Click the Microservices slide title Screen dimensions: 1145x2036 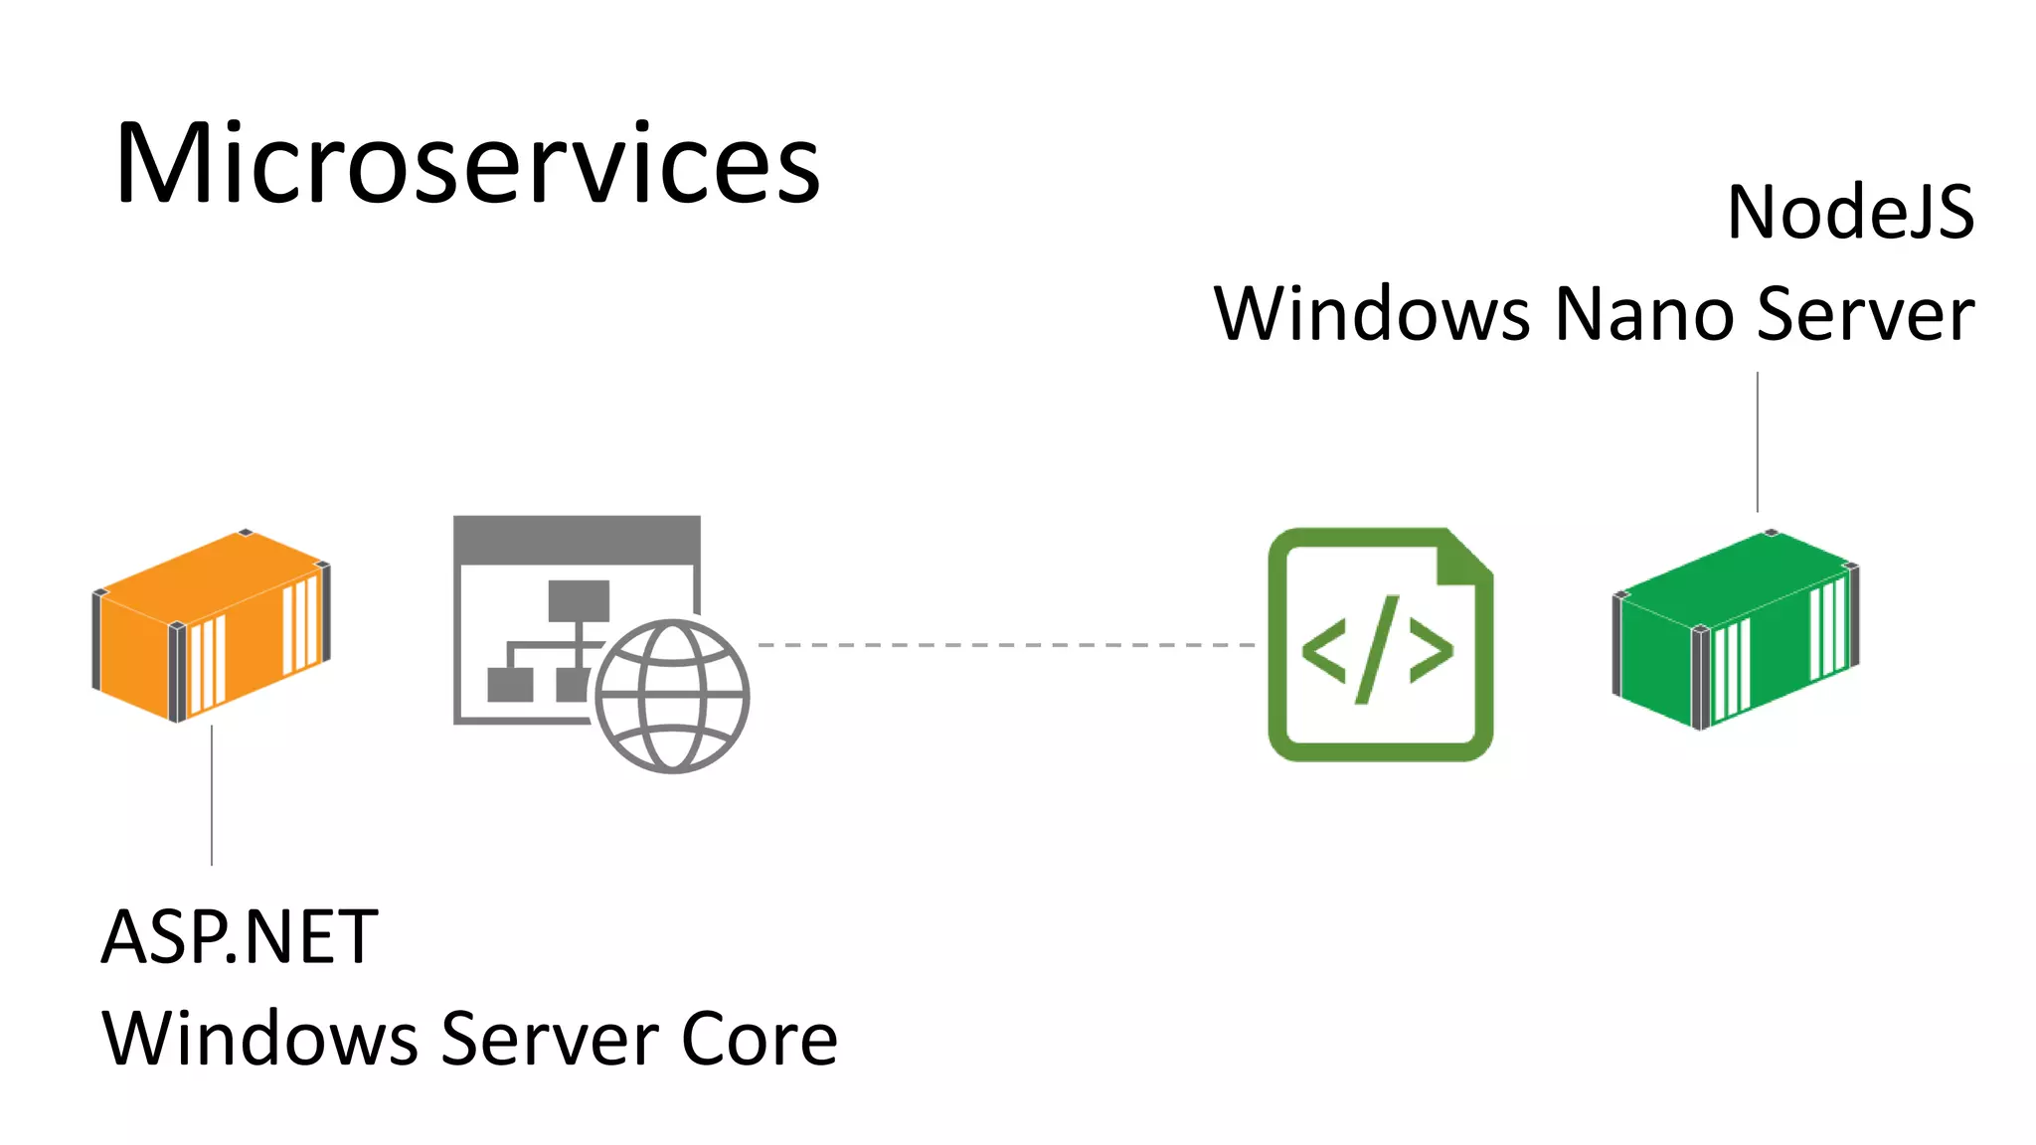pos(467,164)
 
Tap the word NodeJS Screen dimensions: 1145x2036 pos(1850,213)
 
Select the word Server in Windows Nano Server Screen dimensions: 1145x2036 pos(1866,314)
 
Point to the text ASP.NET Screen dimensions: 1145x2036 pos(240,937)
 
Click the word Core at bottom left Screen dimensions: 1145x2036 pos(760,1039)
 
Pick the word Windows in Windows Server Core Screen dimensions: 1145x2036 pos(259,1039)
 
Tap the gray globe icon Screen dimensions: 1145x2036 pos(672,696)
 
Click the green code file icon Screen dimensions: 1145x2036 pos(1380,644)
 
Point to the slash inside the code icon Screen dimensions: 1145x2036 pos(1378,649)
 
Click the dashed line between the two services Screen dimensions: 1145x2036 pos(1004,645)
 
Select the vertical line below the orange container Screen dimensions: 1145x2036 pos(212,795)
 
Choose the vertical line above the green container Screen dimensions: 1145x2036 pos(1758,442)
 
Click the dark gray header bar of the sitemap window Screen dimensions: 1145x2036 pos(577,540)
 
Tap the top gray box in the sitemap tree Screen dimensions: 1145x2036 pos(579,600)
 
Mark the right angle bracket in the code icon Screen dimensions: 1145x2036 pos(1432,651)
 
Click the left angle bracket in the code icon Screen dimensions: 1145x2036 pos(1324,651)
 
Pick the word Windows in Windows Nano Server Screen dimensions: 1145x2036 pos(1372,314)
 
